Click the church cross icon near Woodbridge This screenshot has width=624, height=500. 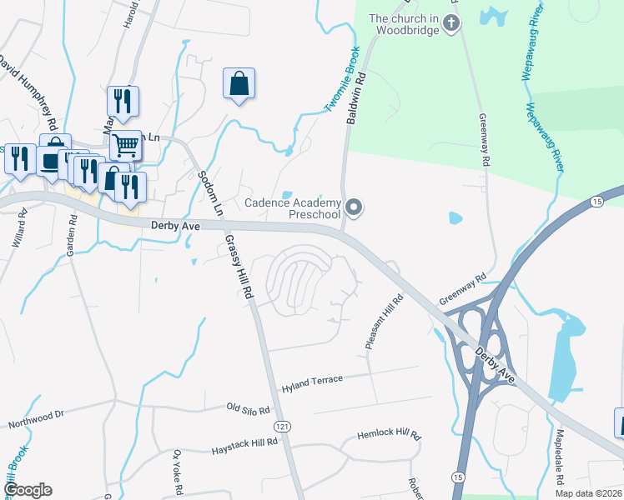[450, 22]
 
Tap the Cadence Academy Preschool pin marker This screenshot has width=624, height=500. [355, 207]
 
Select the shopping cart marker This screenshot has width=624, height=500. [125, 146]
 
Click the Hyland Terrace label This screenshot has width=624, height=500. [312, 381]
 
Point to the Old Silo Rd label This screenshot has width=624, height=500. [249, 409]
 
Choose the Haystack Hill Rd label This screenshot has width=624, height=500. [244, 441]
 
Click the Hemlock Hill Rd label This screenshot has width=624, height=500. [390, 434]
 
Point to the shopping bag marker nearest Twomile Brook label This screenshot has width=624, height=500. [239, 84]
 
